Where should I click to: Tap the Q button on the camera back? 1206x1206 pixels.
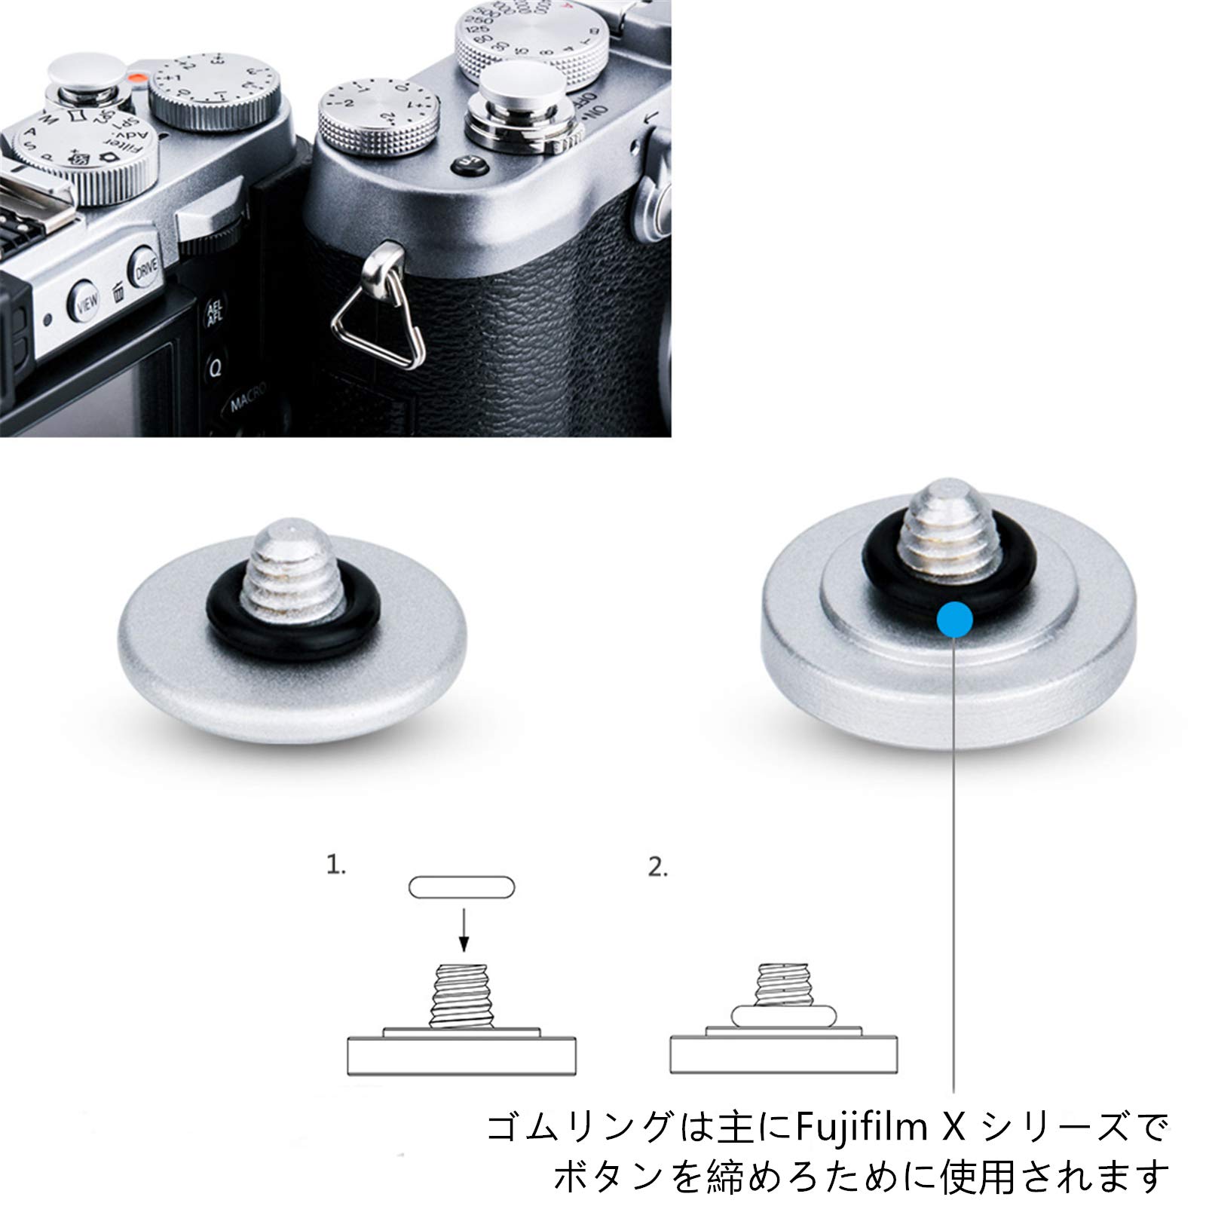pyautogui.click(x=215, y=369)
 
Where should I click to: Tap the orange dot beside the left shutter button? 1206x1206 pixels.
pyautogui.click(x=136, y=78)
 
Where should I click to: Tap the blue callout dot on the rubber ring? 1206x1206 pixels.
pyautogui.click(x=955, y=620)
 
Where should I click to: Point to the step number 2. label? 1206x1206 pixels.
pyautogui.click(x=658, y=868)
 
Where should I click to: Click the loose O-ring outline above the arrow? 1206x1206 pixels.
pyautogui.click(x=461, y=887)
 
